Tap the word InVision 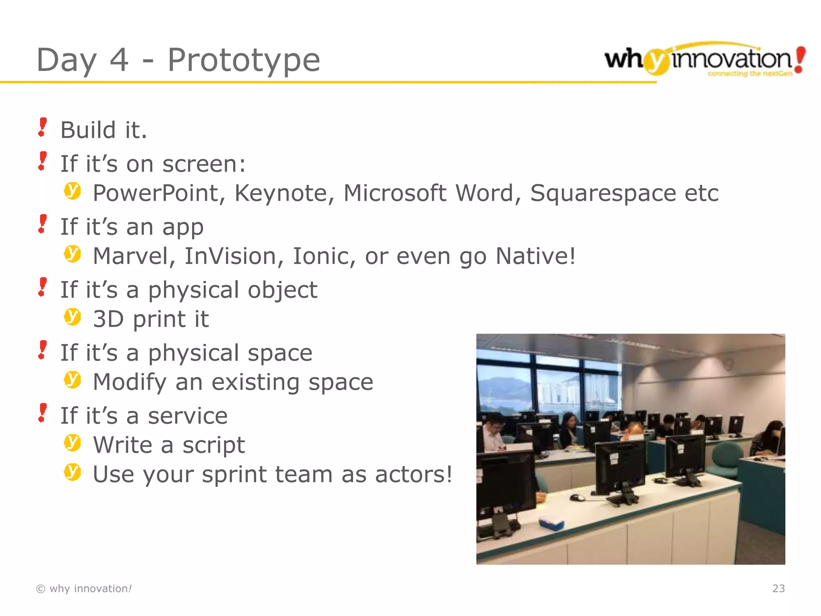[233, 256]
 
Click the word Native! [536, 256]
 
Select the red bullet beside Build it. [42, 128]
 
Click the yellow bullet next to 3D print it [73, 317]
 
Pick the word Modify [129, 382]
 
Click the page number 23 [778, 588]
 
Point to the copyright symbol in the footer [40, 589]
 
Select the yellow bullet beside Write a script [73, 443]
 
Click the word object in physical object [282, 290]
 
